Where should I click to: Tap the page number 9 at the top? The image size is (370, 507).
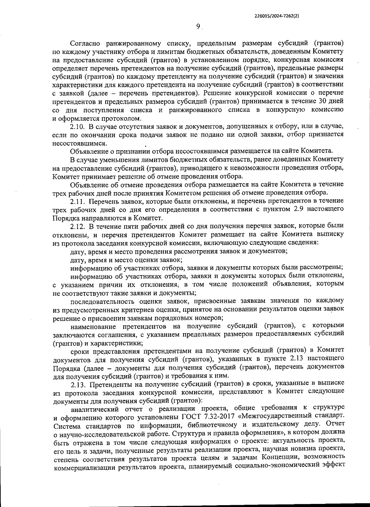coord(198,27)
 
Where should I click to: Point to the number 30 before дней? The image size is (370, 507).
coord(318,101)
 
